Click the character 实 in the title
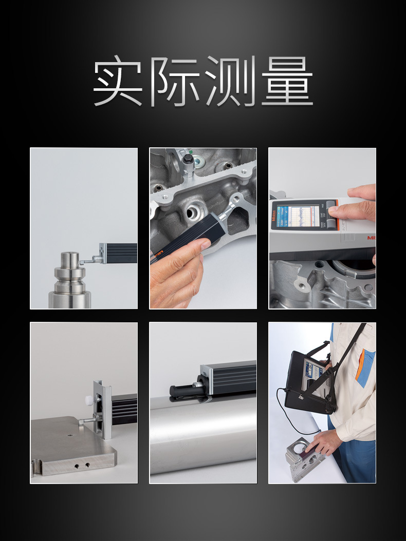pos(118,82)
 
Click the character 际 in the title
pos(175,82)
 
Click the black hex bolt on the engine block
pos(187,163)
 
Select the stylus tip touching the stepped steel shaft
pos(81,262)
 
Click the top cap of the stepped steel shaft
pos(70,257)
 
